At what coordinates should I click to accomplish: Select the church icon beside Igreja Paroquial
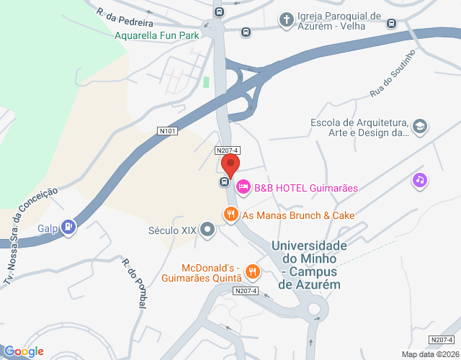[286, 19]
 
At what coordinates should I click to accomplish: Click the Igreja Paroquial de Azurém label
[339, 21]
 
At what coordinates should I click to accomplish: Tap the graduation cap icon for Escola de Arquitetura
[420, 127]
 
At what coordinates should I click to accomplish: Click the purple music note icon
[419, 180]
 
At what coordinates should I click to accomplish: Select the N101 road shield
[168, 131]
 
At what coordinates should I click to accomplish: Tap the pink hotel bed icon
[243, 188]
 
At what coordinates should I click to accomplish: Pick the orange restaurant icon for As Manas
[230, 214]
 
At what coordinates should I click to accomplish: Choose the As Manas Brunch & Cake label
[298, 215]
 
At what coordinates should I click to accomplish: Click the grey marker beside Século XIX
[208, 230]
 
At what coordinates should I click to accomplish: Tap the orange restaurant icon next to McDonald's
[252, 271]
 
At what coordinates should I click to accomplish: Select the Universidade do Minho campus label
[309, 265]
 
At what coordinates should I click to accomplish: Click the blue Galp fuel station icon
[68, 228]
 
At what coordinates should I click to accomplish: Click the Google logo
[24, 351]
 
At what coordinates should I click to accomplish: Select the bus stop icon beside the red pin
[225, 181]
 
